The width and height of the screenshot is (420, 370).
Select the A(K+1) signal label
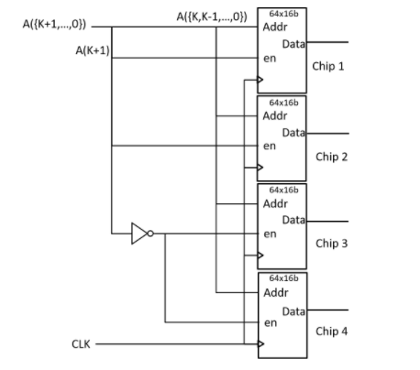93,49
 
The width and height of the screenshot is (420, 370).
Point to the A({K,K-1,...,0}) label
211,17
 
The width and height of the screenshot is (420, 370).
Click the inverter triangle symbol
139,234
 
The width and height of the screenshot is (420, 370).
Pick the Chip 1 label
328,68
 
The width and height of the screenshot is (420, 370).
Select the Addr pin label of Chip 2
274,116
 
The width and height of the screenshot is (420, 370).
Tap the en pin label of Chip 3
270,234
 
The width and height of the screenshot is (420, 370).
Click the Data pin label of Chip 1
294,44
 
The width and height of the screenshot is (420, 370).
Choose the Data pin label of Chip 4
294,313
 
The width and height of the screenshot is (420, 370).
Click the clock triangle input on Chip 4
260,344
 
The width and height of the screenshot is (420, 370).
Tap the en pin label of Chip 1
270,58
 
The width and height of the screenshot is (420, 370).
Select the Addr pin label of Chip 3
274,203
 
